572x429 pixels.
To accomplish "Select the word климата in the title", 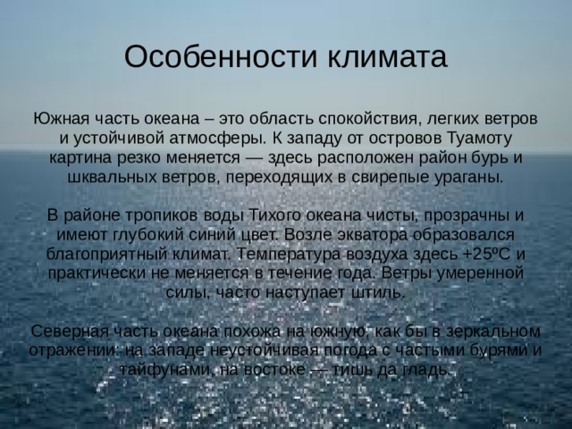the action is coord(387,57).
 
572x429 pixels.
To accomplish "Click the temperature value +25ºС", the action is coord(487,254).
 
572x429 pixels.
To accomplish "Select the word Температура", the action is coord(289,254).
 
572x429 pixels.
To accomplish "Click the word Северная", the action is coord(70,332).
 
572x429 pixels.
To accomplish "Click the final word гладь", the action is coord(426,370).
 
